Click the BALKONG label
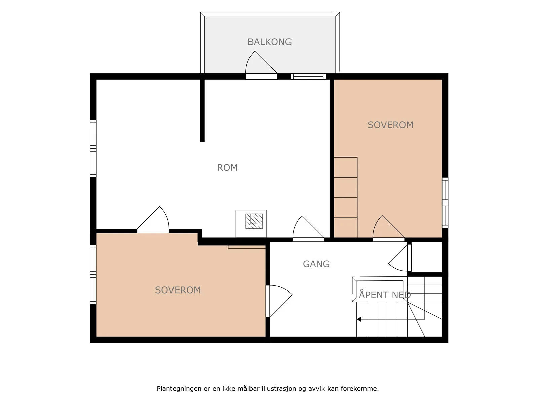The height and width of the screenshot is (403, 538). click(x=270, y=42)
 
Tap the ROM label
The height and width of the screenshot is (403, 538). click(x=227, y=167)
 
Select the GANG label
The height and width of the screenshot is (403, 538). click(x=316, y=264)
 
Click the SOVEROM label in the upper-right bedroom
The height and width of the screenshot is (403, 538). click(x=390, y=125)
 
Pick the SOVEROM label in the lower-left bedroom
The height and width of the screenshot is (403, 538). click(x=178, y=290)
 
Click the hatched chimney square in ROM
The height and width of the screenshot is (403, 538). click(x=254, y=221)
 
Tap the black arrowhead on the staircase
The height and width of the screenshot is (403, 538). click(x=359, y=319)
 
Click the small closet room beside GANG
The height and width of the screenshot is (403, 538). click(x=426, y=257)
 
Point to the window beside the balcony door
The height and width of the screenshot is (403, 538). click(x=308, y=76)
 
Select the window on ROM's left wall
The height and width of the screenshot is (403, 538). click(x=93, y=148)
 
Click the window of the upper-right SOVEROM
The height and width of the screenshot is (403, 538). click(x=445, y=203)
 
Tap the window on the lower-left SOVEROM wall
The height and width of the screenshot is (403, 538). click(x=93, y=274)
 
